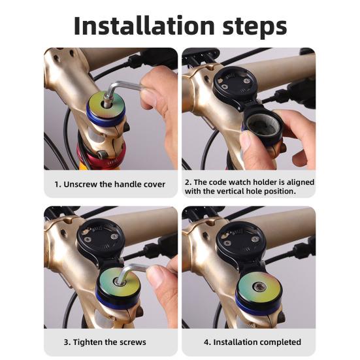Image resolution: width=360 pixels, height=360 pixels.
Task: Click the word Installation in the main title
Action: tap(144, 25)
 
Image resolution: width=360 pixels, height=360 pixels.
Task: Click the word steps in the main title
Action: tap(255, 27)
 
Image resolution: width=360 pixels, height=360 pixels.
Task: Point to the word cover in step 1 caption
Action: tap(154, 184)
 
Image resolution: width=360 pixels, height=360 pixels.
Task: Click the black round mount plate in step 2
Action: tap(235, 84)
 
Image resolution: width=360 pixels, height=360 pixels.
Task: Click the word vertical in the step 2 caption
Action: tap(230, 191)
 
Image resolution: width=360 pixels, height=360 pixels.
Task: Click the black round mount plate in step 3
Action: tap(101, 238)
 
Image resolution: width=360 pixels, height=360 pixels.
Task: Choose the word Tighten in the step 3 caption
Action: tap(88, 342)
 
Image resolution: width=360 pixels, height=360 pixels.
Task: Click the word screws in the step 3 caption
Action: tap(133, 342)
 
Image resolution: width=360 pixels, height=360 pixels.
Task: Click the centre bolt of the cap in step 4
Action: tap(259, 286)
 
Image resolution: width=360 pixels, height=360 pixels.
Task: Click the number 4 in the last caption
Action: tap(206, 342)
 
